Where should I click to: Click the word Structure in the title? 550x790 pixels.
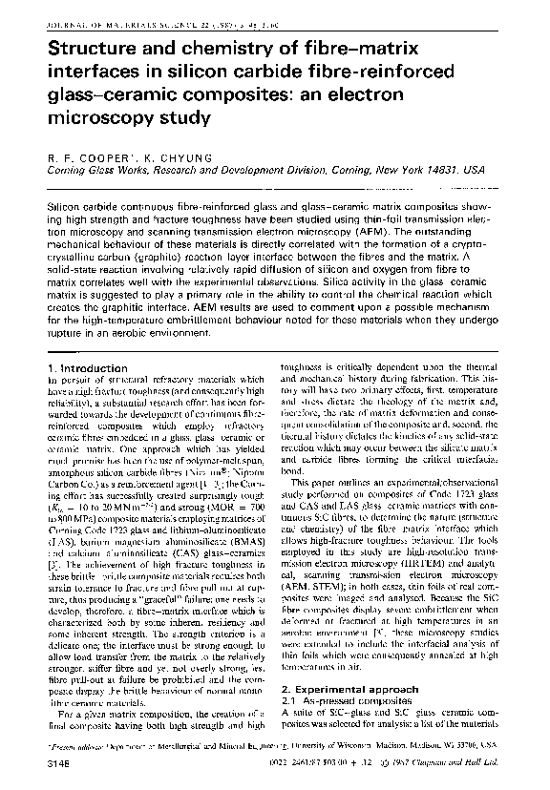[75, 47]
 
